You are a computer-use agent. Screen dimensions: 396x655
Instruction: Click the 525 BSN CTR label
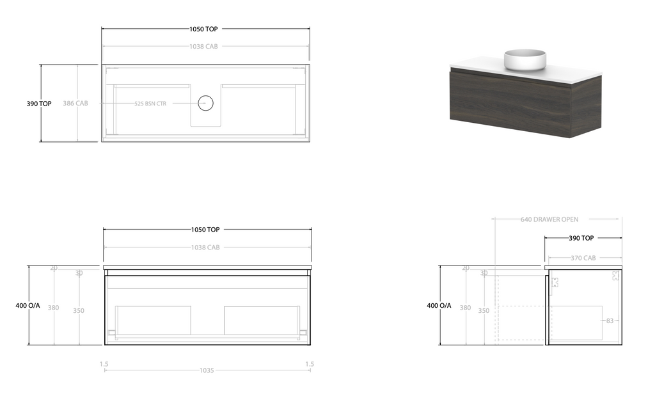[150, 103]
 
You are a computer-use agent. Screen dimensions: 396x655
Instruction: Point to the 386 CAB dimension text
[75, 103]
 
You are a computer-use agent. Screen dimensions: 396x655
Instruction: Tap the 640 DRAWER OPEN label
[549, 219]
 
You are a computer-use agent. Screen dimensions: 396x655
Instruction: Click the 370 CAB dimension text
[583, 258]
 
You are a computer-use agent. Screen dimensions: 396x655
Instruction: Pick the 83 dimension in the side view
[610, 321]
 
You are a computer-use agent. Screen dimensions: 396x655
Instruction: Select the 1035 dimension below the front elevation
[206, 370]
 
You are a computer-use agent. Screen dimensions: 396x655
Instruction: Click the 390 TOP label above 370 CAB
[581, 238]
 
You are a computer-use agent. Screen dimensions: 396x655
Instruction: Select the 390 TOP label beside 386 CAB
[39, 104]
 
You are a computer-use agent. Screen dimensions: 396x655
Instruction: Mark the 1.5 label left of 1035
[104, 364]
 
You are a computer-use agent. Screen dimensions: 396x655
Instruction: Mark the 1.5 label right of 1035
[310, 364]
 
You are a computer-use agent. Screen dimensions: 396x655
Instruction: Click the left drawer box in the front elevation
[154, 320]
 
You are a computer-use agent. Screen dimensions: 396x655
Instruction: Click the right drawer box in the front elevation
[261, 320]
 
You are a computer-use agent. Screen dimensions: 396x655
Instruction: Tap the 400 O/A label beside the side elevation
[439, 306]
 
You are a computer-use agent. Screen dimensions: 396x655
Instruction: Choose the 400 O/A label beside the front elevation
[28, 306]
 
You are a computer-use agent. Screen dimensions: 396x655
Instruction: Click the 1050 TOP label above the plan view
[204, 29]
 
